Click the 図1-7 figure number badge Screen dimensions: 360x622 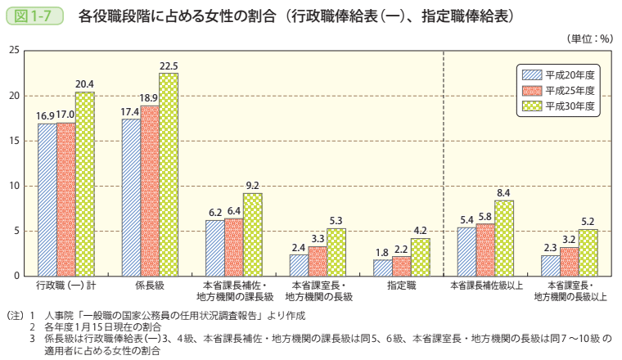tap(34, 15)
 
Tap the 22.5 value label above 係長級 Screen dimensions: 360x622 tap(169, 66)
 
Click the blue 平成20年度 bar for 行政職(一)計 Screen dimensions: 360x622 tap(47, 200)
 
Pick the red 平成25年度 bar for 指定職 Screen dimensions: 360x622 tap(401, 266)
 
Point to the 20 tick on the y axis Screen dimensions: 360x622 tap(14, 96)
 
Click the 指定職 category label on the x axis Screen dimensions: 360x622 tap(400, 286)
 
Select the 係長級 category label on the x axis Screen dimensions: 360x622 tap(150, 286)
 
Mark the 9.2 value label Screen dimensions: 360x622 tap(253, 186)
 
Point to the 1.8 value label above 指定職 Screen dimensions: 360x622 tap(381, 253)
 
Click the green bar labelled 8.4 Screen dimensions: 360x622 tap(504, 238)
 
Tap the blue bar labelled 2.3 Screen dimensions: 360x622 tap(550, 265)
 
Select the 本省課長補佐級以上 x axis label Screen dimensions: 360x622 tap(485, 286)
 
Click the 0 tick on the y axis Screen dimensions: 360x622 tap(16, 276)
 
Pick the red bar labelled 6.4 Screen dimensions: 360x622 tap(234, 247)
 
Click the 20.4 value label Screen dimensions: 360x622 tap(84, 84)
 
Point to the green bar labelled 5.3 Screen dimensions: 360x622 tap(336, 252)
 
